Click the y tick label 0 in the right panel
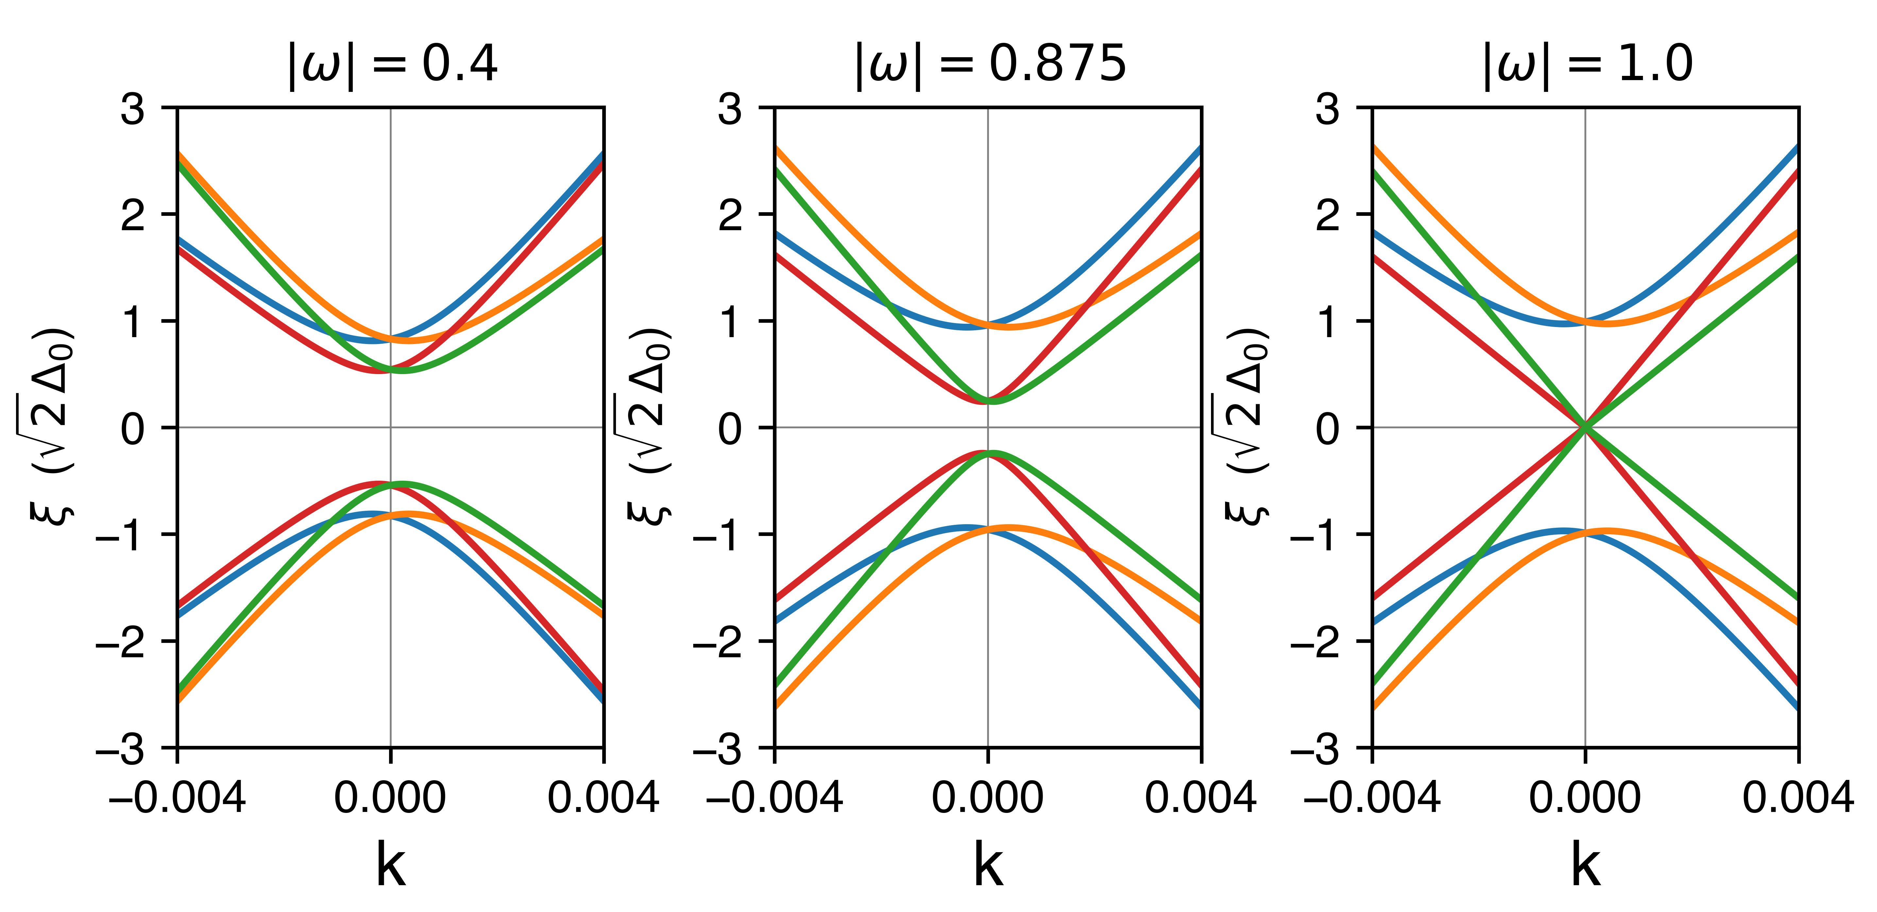1328,429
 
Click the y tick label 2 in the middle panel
730,216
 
